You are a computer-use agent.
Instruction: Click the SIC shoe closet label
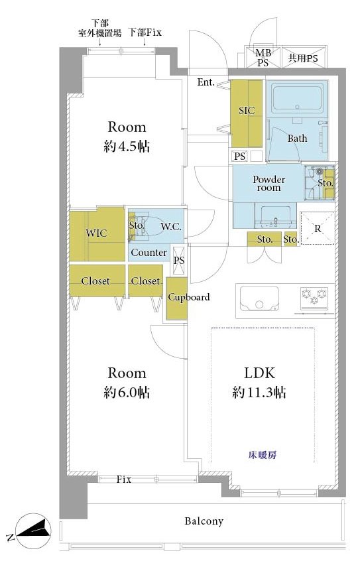pyautogui.click(x=247, y=110)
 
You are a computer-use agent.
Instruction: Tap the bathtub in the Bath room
pyautogui.click(x=297, y=98)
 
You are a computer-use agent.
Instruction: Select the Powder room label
pyautogui.click(x=269, y=184)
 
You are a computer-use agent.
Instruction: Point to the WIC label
pyautogui.click(x=97, y=233)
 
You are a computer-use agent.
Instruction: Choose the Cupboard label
pyautogui.click(x=188, y=297)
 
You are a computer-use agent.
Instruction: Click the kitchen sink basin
pyautogui.click(x=259, y=298)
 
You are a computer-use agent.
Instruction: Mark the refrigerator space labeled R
pyautogui.click(x=318, y=228)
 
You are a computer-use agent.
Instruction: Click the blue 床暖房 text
pyautogui.click(x=262, y=455)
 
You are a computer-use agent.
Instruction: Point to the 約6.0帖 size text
pyautogui.click(x=127, y=392)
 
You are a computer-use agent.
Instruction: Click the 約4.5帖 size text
pyautogui.click(x=127, y=146)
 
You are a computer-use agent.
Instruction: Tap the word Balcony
pyautogui.click(x=204, y=521)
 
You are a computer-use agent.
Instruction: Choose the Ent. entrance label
pyautogui.click(x=206, y=82)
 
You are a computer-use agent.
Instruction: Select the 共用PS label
pyautogui.click(x=303, y=58)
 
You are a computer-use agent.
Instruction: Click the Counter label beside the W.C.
pyautogui.click(x=149, y=253)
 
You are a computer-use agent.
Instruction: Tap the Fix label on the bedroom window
pyautogui.click(x=123, y=479)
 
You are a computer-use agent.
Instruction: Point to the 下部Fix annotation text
pyautogui.click(x=145, y=32)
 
